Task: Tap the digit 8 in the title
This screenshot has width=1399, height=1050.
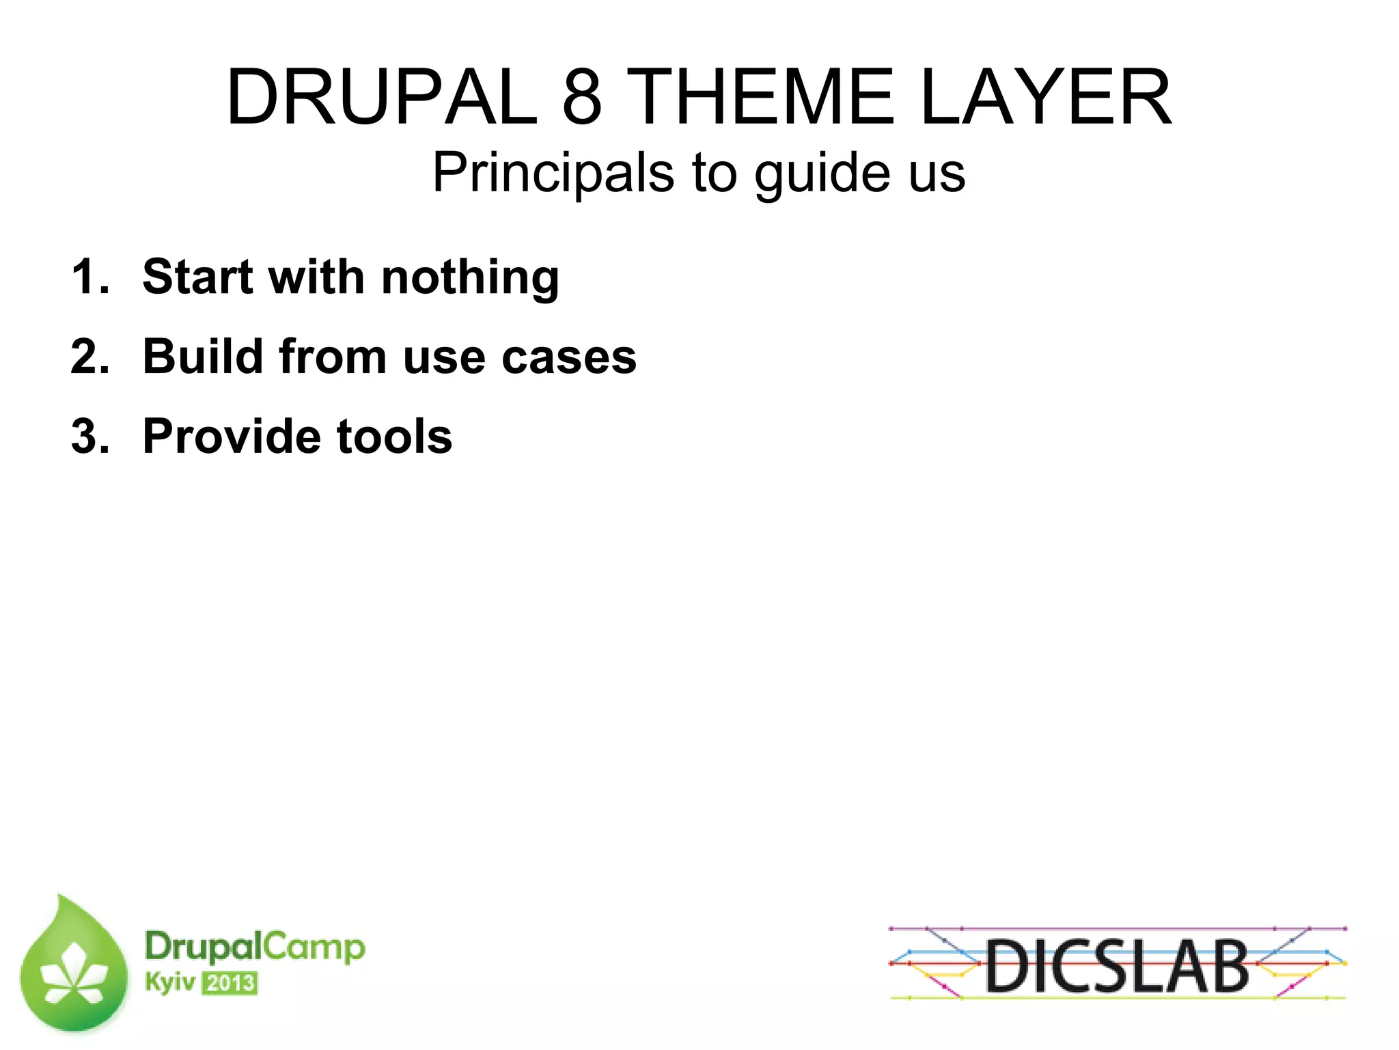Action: pos(582,97)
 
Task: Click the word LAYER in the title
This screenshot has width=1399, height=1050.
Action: pos(1045,97)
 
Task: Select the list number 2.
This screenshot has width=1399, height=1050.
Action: pos(89,357)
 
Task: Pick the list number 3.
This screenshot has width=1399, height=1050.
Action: pos(89,436)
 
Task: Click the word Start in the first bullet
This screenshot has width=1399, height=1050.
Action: pos(198,277)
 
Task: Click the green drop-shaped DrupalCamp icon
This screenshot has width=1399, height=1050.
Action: pos(74,967)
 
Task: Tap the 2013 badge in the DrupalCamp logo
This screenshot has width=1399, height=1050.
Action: pos(230,984)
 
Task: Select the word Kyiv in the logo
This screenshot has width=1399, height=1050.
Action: pos(169,982)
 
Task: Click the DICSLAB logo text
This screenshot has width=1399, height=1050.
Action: pos(1117,965)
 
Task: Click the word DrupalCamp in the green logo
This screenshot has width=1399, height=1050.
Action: pos(255,947)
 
